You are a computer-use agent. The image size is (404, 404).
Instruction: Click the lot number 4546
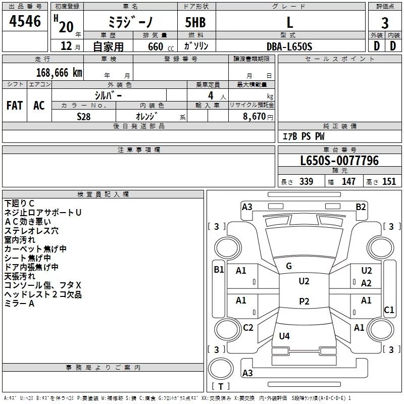pyautogui.click(x=25, y=22)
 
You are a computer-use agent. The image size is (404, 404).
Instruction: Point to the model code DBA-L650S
pyautogui.click(x=289, y=46)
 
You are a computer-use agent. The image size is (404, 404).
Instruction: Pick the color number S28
pyautogui.click(x=84, y=116)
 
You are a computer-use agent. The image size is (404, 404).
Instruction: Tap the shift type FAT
pyautogui.click(x=15, y=106)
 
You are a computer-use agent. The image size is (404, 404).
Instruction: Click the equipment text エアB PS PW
pyautogui.click(x=303, y=136)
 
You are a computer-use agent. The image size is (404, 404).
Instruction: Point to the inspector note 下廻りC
pyautogui.click(x=20, y=204)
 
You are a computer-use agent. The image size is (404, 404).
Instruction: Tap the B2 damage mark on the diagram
pyautogui.click(x=361, y=207)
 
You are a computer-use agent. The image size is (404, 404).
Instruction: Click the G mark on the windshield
pyautogui.click(x=289, y=266)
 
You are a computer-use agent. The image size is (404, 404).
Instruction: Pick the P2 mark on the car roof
pyautogui.click(x=304, y=301)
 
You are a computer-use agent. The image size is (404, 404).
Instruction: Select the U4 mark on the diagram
pyautogui.click(x=284, y=336)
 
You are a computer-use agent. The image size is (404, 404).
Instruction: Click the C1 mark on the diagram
pyautogui.click(x=389, y=310)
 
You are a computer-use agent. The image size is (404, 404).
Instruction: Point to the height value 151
pyautogui.click(x=389, y=182)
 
